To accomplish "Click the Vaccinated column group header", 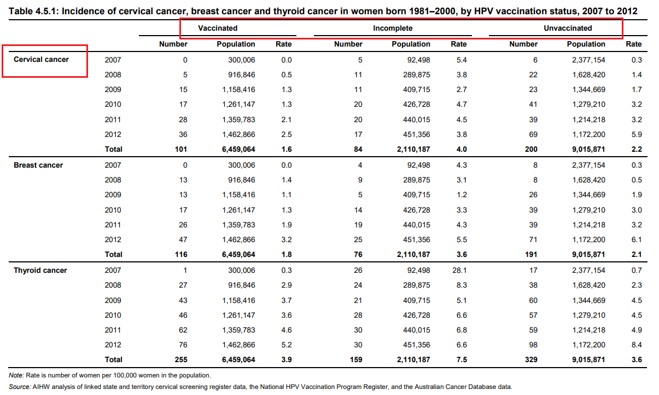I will coord(218,28).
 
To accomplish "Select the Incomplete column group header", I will coord(393,28).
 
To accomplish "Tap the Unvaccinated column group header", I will coord(568,28).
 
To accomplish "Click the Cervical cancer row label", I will coord(41,59).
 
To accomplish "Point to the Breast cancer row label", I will coord(38,165).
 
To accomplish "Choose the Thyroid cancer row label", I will coord(40,270).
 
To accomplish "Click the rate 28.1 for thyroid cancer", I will coord(458,270).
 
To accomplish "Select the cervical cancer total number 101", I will coord(180,149).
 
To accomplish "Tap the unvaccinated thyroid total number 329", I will coord(530,360).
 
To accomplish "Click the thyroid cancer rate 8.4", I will coord(636,345).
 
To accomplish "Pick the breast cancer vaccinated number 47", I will coord(183,239).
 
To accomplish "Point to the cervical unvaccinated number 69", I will coord(533,134).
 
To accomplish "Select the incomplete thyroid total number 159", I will coord(355,360).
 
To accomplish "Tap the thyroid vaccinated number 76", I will coord(183,345).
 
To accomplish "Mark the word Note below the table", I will coord(16,375).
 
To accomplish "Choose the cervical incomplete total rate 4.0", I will coord(461,149).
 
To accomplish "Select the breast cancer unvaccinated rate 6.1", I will coord(636,239).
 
